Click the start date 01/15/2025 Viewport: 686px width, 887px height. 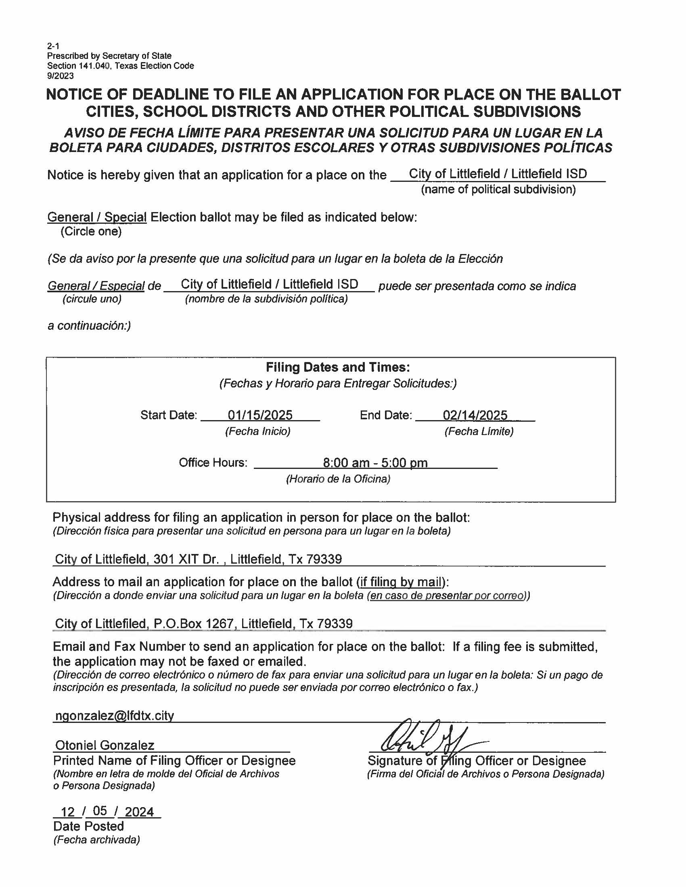tap(260, 414)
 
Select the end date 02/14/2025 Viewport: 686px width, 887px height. tap(475, 414)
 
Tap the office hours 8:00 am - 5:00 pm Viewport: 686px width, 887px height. tap(375, 462)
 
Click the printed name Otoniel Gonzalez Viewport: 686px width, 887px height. tap(105, 745)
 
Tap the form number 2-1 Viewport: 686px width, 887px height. tap(53, 46)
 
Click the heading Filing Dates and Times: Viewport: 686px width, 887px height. tap(338, 367)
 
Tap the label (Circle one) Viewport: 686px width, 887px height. tap(91, 231)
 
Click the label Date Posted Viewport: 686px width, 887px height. tap(88, 826)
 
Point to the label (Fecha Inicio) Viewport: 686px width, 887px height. tap(258, 431)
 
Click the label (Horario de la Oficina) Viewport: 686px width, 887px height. tap(338, 479)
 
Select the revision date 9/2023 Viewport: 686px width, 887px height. tap(61, 75)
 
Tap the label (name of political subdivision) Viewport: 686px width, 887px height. tap(498, 189)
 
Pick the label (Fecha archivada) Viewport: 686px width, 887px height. tap(96, 839)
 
